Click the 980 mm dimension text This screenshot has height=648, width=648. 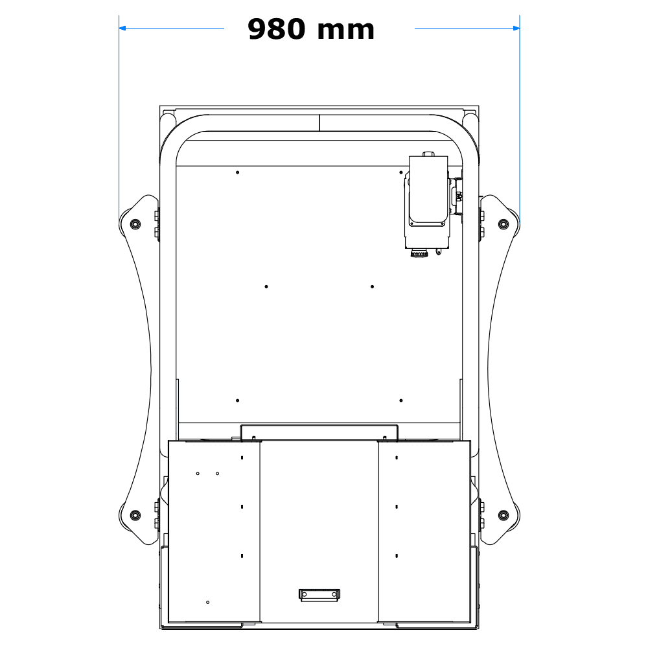311,30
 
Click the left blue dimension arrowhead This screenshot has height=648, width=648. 122,28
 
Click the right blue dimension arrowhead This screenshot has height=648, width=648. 516,28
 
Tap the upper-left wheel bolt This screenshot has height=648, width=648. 135,224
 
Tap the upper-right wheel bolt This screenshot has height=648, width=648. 502,224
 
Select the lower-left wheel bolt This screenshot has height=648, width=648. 135,515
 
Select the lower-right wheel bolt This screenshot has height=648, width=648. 502,515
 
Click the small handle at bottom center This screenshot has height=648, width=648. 319,594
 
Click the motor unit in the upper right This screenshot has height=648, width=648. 428,194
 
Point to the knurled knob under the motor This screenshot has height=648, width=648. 420,254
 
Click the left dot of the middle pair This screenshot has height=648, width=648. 266,286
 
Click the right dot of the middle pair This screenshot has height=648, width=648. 372,286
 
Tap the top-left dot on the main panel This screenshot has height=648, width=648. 238,172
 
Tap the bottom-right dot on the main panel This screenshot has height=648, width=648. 402,400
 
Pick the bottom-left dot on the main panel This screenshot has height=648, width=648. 238,400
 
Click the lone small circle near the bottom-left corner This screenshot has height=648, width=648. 207,603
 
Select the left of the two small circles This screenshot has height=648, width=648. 198,474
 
